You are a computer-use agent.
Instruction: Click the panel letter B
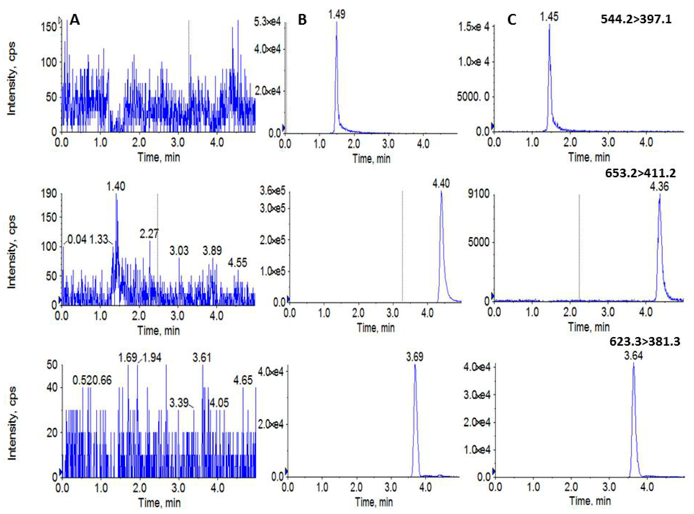coord(302,20)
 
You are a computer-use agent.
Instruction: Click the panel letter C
coord(512,20)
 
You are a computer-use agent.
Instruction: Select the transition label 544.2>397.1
coord(636,19)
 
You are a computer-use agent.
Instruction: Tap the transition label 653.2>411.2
coord(640,173)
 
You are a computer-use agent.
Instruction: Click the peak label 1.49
coord(337,14)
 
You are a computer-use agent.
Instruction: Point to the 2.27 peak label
coord(149,233)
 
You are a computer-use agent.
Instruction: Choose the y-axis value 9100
coord(478,194)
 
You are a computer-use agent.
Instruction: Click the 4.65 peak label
coord(243,380)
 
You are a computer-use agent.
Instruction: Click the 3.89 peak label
coord(212,251)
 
